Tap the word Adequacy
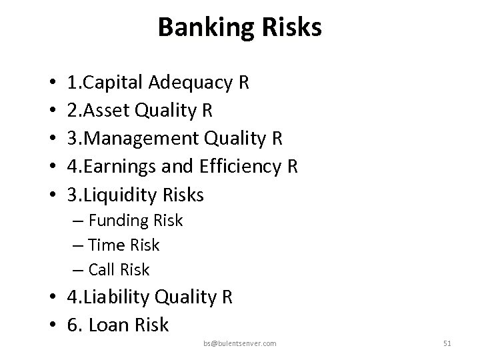coord(191,83)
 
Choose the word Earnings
coord(113,167)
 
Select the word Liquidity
coord(117,195)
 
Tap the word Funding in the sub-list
coord(117,221)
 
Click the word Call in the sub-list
coord(103,270)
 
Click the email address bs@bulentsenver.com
coord(240,343)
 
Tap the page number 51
coord(447,343)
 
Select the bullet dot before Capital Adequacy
coord(51,84)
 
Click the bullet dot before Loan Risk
coord(51,326)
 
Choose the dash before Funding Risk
coord(79,221)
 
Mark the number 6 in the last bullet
coord(73,325)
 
